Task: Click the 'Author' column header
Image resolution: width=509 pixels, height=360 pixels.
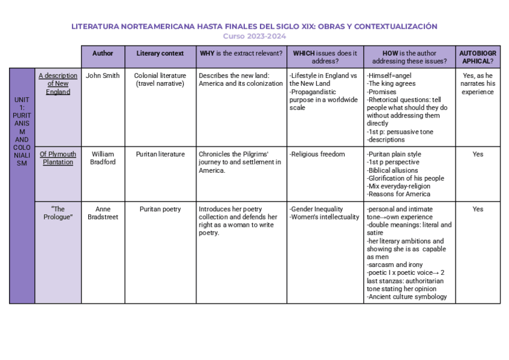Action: [x=103, y=53]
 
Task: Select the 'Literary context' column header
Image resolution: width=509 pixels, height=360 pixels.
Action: [x=160, y=53]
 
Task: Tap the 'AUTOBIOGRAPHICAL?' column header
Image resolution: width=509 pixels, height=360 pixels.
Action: [x=477, y=57]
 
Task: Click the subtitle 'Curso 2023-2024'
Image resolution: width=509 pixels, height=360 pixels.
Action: [x=254, y=36]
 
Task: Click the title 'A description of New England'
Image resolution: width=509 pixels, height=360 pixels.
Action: [x=58, y=84]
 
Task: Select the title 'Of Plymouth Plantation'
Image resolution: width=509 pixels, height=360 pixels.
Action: [x=58, y=158]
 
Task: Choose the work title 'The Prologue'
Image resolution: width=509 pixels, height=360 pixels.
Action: [x=58, y=213]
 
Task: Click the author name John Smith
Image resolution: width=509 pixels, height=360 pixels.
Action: [x=103, y=76]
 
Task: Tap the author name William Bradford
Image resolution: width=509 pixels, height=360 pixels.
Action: [x=103, y=158]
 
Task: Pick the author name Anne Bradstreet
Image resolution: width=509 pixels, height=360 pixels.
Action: [x=103, y=213]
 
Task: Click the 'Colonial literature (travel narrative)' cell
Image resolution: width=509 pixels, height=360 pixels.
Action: [x=160, y=80]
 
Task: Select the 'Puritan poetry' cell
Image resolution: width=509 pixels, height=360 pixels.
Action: [x=160, y=209]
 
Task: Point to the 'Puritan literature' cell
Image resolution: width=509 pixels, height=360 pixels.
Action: [x=160, y=154]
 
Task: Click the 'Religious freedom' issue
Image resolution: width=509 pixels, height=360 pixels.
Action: [x=318, y=154]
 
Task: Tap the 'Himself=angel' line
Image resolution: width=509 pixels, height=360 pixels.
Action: [x=389, y=76]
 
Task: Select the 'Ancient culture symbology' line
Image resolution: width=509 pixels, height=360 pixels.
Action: [x=406, y=296]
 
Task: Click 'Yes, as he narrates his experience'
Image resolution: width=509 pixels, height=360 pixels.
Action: [x=477, y=84]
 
